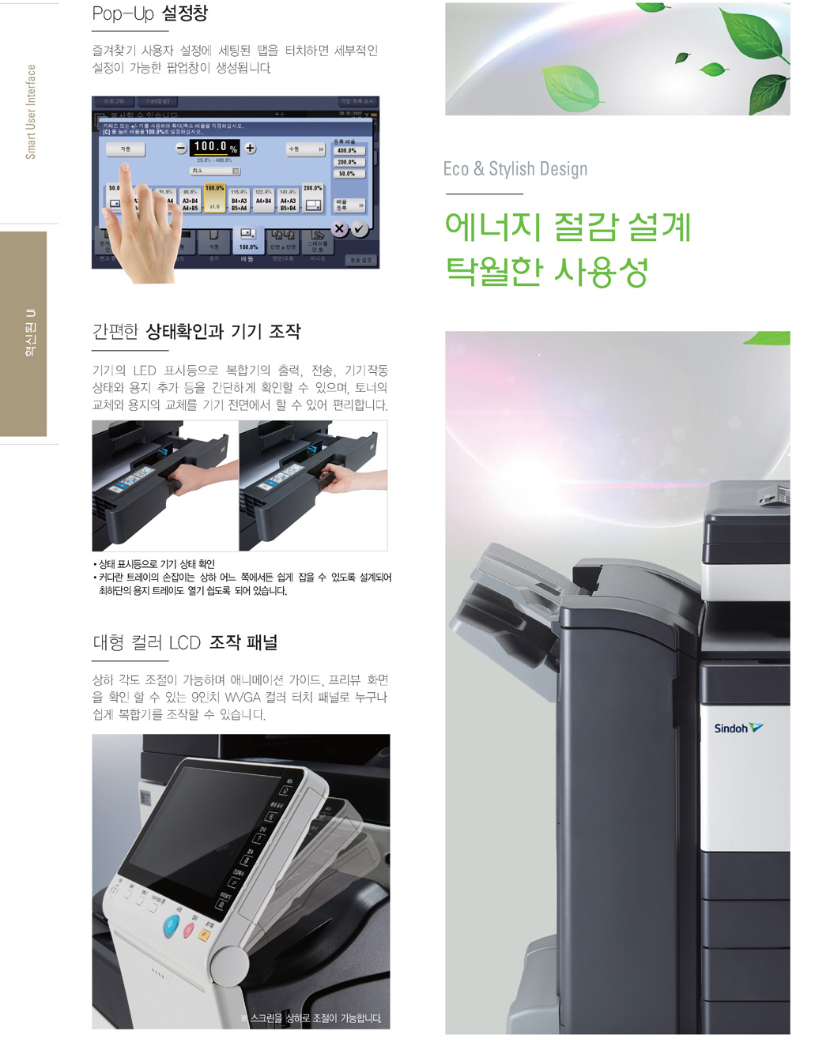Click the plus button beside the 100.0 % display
click(251, 148)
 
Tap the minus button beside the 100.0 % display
click(181, 148)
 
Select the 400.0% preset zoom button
click(347, 150)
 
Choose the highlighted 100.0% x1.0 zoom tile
click(215, 198)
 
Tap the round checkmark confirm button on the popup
click(360, 229)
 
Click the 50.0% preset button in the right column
click(347, 173)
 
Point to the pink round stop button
click(189, 930)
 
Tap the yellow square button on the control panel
click(204, 935)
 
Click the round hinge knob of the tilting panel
click(229, 965)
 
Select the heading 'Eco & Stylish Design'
click(515, 169)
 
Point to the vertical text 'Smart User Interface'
click(31, 111)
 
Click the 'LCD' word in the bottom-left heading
click(184, 643)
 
